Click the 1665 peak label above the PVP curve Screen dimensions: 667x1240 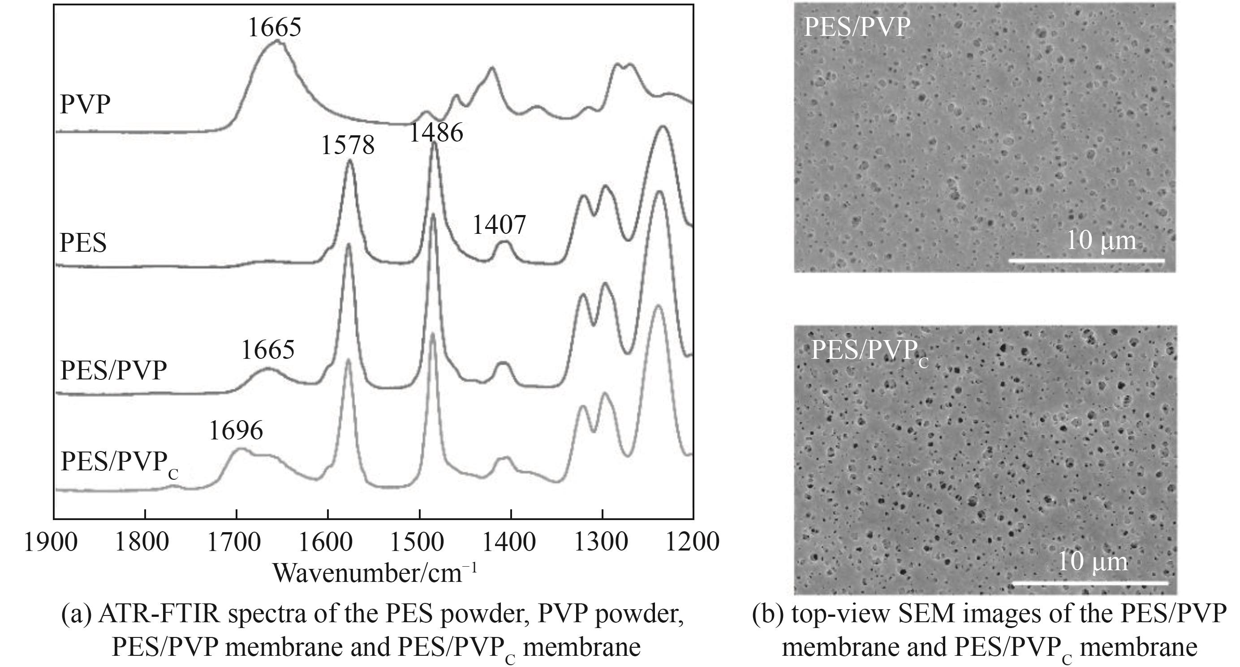(x=274, y=27)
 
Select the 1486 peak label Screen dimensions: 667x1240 (x=436, y=132)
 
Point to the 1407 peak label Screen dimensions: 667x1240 (x=499, y=225)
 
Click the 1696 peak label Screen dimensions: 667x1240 (x=236, y=430)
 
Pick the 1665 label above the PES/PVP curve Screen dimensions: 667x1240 (x=267, y=350)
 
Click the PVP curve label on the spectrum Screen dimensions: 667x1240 (x=85, y=104)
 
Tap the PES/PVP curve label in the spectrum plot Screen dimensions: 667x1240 (x=114, y=370)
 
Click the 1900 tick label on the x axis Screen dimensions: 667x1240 (x=51, y=542)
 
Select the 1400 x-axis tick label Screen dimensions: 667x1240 (x=509, y=542)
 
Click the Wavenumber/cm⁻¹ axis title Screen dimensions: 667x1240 (x=375, y=572)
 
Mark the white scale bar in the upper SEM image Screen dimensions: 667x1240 (x=1086, y=261)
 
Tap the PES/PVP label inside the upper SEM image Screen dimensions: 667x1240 (x=857, y=27)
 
